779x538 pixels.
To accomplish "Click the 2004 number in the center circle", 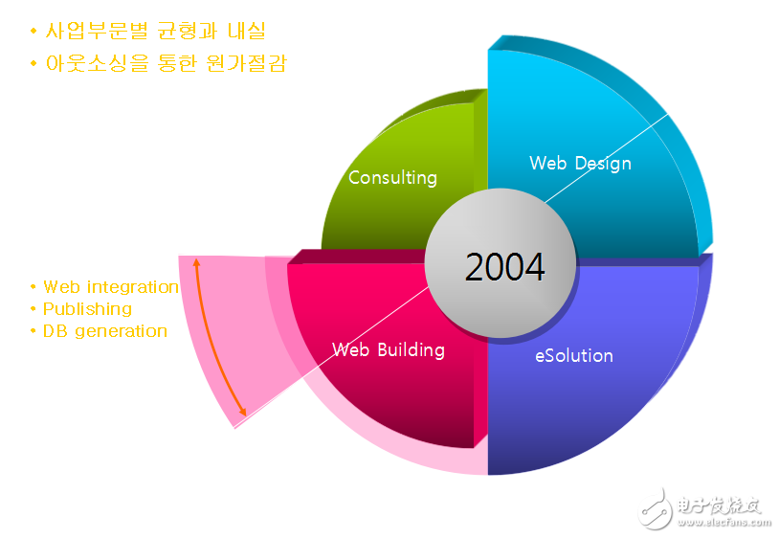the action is (x=504, y=267).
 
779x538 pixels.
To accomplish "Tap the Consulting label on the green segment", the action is (x=392, y=178).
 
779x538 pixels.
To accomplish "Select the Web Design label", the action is (x=580, y=164).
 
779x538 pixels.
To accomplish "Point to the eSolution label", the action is (x=574, y=356).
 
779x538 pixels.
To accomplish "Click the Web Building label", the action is (x=388, y=349).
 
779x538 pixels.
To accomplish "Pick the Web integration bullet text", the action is (x=111, y=287).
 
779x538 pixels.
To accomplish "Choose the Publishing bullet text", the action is (x=87, y=309).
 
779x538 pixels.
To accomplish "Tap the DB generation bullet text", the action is (x=105, y=331).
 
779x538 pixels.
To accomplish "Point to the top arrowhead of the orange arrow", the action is (x=197, y=258).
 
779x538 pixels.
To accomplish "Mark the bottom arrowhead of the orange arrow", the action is (x=243, y=415).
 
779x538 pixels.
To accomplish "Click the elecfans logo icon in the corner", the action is (x=655, y=508).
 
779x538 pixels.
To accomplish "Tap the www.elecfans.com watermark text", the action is (x=723, y=522).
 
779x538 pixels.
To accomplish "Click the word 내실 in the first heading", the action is (x=246, y=31).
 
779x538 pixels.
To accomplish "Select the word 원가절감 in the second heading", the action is (x=246, y=63).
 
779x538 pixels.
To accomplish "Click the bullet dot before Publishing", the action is (x=33, y=309).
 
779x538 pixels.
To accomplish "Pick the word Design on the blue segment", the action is (x=603, y=164).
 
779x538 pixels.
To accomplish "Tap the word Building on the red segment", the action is (x=411, y=349).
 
